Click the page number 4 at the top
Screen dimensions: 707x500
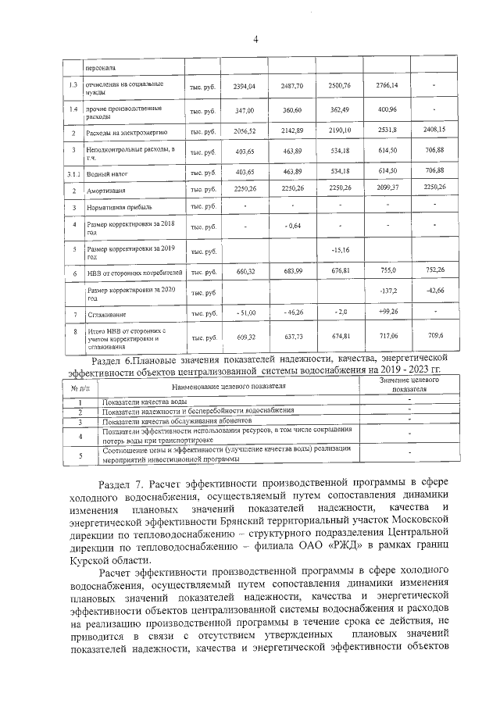tap(255, 41)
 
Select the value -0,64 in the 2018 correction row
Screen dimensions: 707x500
tap(294, 227)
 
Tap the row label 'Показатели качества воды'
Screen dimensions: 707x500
tap(143, 402)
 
